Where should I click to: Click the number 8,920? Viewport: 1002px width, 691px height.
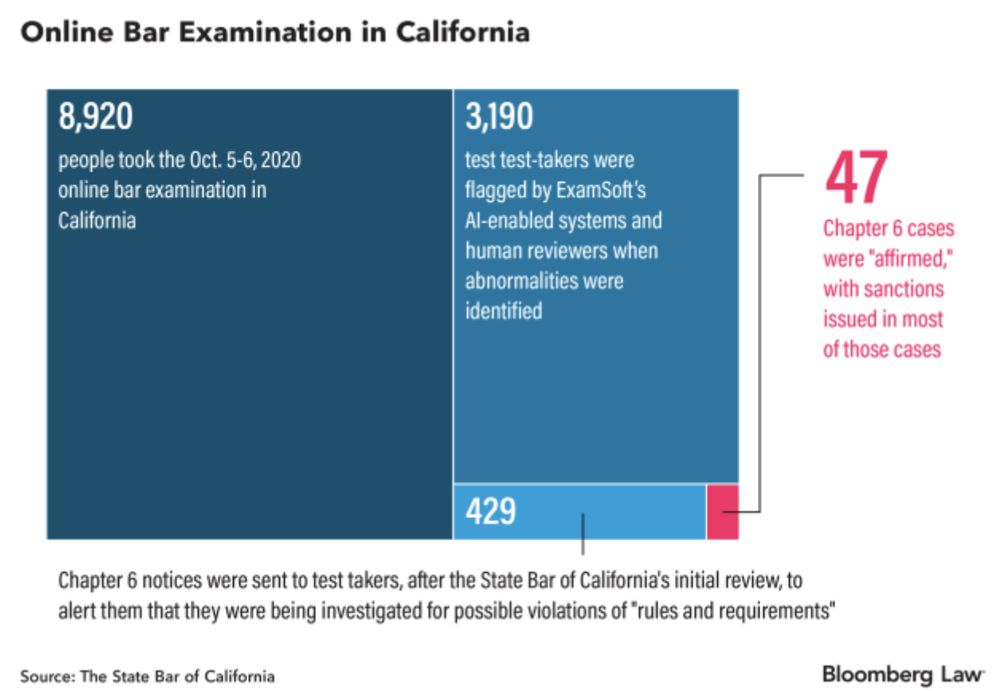pos(95,117)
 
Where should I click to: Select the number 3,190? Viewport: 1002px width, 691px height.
pos(499,117)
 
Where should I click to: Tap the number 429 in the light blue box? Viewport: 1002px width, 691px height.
pos(491,511)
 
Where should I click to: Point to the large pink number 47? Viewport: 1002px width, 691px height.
pos(856,179)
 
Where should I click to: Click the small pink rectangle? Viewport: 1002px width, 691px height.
pos(723,511)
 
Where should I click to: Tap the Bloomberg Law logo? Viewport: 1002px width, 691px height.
pos(903,674)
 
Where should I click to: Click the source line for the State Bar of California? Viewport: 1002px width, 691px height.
pos(148,677)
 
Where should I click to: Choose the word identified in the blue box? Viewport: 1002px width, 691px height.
pos(503,310)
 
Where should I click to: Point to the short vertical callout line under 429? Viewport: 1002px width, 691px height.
pos(583,535)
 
